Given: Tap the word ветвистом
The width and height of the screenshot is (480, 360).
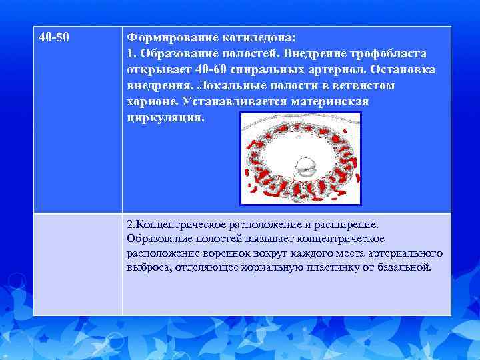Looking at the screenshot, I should coord(362,86).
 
